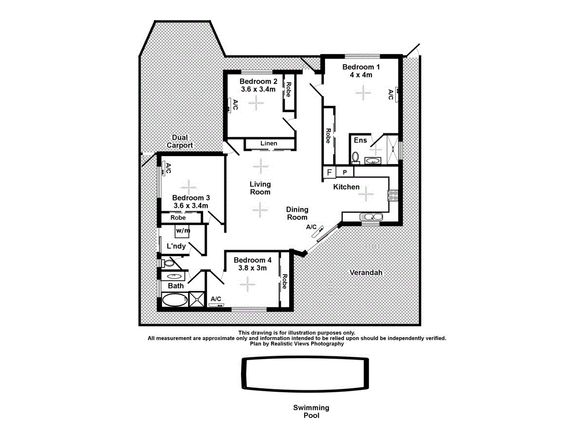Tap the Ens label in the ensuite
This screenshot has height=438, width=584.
[x=360, y=141]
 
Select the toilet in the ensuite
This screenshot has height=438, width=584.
[x=355, y=157]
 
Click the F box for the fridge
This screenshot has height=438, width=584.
[x=329, y=173]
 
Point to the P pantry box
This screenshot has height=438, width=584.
[x=345, y=173]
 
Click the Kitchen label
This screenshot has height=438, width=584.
[x=347, y=187]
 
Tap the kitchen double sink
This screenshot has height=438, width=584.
[x=368, y=217]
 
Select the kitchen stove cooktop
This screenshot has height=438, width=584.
[x=393, y=195]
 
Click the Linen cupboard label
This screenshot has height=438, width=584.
[x=269, y=144]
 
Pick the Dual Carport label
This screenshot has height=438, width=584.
[x=180, y=142]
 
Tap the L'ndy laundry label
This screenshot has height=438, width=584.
[x=176, y=246]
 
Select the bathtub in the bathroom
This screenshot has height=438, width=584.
[x=173, y=299]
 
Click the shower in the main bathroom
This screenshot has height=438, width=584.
[x=197, y=299]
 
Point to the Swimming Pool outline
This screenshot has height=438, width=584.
[x=305, y=374]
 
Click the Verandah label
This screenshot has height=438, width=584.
[x=366, y=273]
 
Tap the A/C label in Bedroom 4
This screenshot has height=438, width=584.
[x=216, y=299]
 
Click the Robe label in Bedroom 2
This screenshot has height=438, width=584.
[x=288, y=90]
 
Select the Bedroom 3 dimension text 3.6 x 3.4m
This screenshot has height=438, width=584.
[x=191, y=206]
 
